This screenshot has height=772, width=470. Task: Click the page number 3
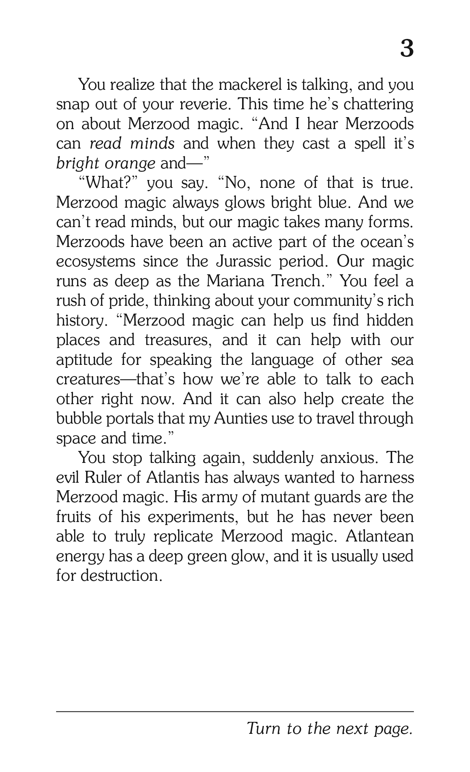coord(407,49)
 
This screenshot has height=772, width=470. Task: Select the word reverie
coord(205,104)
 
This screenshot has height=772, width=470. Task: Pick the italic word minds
coord(153,144)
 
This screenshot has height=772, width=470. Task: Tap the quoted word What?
coord(109,183)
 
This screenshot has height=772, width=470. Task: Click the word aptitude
coord(84,360)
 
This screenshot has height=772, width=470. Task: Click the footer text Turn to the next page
coord(330,729)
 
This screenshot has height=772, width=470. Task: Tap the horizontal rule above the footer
coord(235,711)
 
